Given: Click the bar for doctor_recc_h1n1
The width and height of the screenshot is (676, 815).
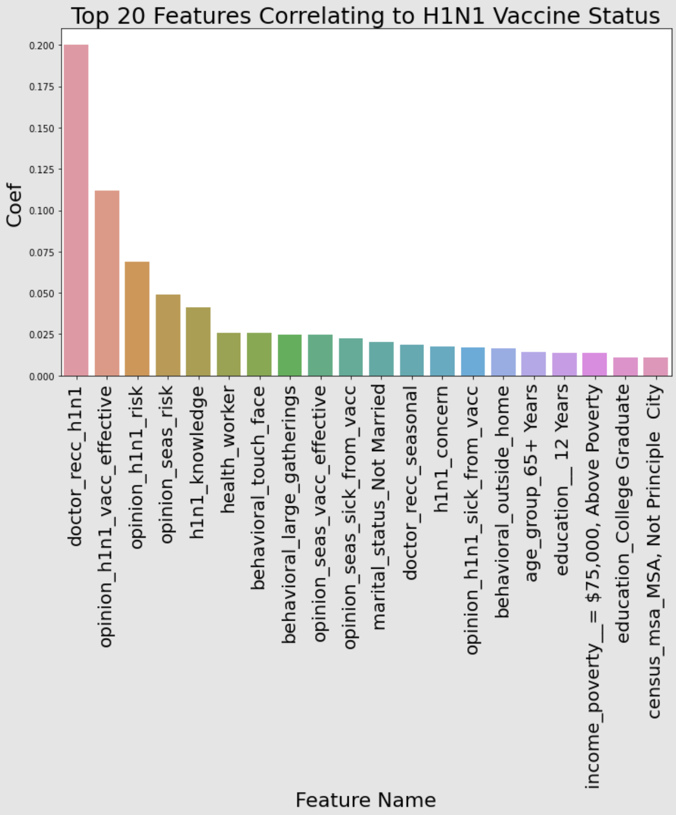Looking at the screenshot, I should pos(76,210).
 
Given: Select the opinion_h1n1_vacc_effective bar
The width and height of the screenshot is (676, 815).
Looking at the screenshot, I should pos(107,283).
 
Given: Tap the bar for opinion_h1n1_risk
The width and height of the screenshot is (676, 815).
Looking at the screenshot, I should pos(137,319).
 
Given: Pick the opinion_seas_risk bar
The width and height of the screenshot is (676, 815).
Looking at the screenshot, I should pos(168,335).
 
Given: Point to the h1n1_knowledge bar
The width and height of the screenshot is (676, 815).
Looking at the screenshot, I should pos(198,341).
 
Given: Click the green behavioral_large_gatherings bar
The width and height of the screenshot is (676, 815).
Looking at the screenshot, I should pos(289,355).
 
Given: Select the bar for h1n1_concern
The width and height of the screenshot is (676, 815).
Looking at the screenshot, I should pos(442,361).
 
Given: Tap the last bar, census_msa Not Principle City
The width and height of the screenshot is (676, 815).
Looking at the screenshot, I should pos(655,367).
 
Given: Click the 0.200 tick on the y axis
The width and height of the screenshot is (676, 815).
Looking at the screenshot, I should pos(42,46).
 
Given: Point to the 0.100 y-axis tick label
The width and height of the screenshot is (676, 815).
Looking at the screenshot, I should pos(42,211).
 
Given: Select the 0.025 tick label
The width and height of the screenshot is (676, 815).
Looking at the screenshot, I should pos(42,335).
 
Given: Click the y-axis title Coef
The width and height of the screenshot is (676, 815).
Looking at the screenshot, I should pos(14,206).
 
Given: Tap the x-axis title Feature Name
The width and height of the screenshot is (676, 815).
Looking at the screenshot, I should pos(366,800).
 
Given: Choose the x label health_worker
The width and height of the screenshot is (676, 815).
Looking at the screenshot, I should pos(228,450).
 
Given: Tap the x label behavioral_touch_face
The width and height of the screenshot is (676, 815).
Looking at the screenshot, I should pos(258,488).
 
